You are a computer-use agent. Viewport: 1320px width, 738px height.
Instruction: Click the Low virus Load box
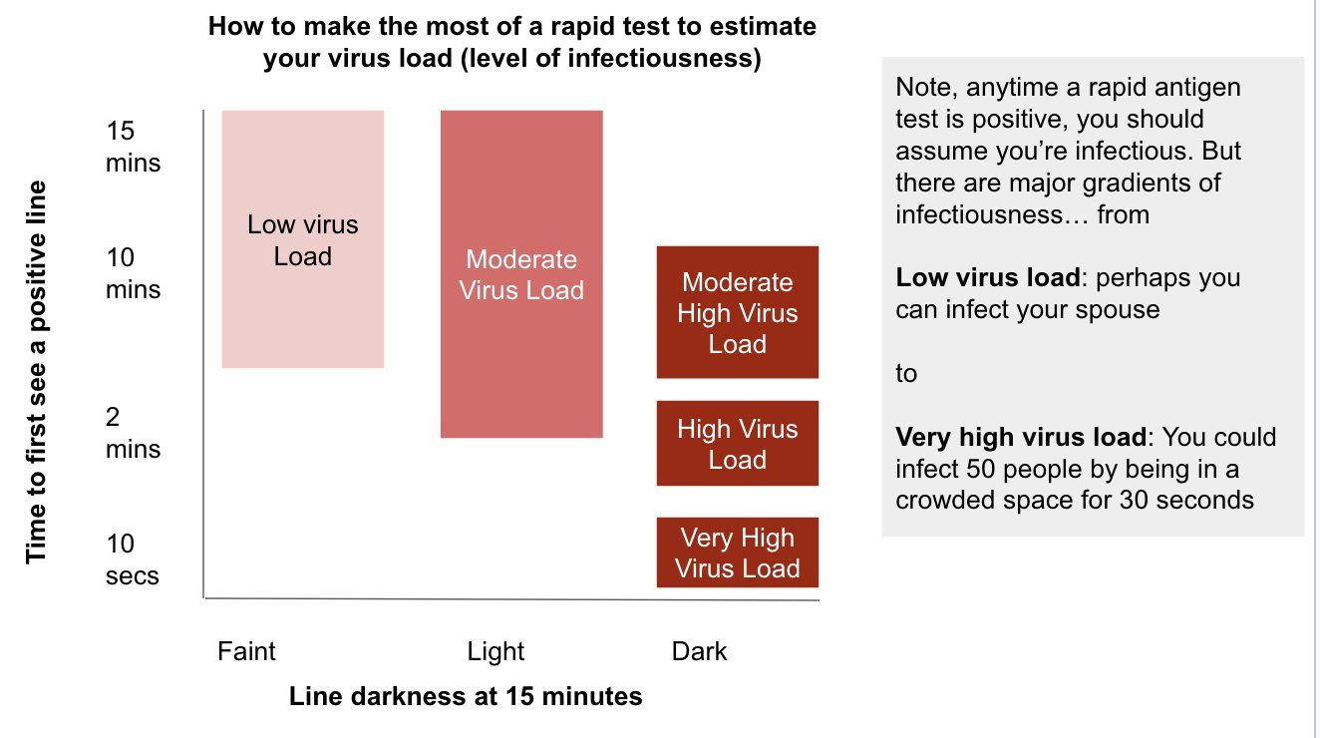tap(303, 239)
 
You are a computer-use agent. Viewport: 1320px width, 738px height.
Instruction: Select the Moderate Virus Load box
tap(521, 274)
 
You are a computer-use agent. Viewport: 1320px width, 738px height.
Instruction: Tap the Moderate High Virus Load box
tap(737, 312)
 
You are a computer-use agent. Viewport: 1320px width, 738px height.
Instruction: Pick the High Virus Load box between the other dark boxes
tap(737, 444)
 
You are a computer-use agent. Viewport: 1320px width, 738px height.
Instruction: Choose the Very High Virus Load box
tap(737, 553)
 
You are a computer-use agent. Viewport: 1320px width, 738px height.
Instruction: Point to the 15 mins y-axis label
tap(133, 147)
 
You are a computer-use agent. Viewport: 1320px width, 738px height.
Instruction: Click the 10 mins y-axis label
tap(133, 273)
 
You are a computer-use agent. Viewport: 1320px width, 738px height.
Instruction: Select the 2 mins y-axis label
tap(133, 433)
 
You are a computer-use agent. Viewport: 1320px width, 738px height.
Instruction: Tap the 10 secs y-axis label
tap(132, 559)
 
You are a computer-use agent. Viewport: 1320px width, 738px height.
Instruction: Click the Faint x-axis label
tap(246, 651)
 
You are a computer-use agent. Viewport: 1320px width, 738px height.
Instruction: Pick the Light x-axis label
tap(495, 651)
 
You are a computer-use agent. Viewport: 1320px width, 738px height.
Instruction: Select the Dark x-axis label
tap(699, 651)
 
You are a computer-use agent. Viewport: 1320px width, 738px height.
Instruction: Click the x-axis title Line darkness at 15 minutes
tap(466, 696)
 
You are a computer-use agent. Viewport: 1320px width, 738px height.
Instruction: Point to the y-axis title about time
tap(36, 372)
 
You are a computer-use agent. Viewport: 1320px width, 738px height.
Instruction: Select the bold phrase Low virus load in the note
tap(987, 277)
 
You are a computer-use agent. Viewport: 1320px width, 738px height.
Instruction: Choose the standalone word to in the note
tap(905, 373)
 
